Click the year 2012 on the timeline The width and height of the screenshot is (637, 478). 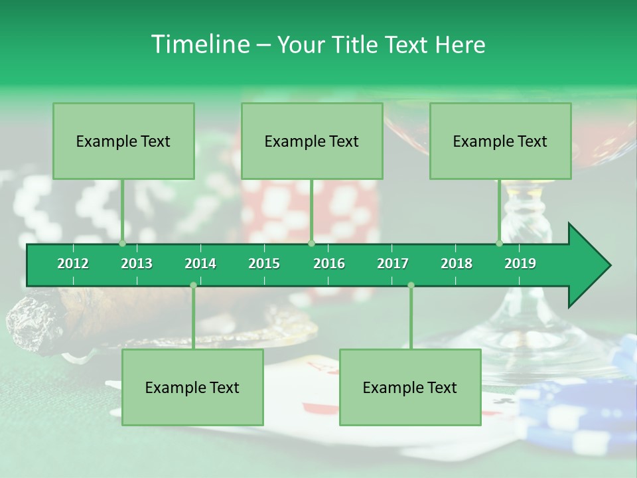pyautogui.click(x=73, y=264)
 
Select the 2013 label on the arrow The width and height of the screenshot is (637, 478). pyautogui.click(x=137, y=264)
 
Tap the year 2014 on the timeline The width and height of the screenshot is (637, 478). pyautogui.click(x=200, y=264)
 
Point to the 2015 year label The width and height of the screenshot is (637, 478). pyautogui.click(x=264, y=264)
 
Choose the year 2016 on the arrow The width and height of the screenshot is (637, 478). pyautogui.click(x=329, y=264)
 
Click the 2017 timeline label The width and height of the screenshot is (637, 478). pyautogui.click(x=393, y=264)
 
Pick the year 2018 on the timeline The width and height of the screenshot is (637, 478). pyautogui.click(x=457, y=264)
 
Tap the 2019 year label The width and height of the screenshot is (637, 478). pyautogui.click(x=520, y=264)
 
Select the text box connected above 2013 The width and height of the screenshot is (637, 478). pyautogui.click(x=123, y=141)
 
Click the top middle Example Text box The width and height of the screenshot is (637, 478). pyautogui.click(x=312, y=141)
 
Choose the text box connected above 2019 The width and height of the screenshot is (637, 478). pyautogui.click(x=500, y=141)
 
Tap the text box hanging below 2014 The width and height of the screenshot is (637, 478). pyautogui.click(x=192, y=388)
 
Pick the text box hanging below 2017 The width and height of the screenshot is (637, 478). pyautogui.click(x=410, y=388)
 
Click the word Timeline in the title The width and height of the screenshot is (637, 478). pyautogui.click(x=199, y=44)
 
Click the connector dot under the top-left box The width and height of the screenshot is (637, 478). pyautogui.click(x=123, y=243)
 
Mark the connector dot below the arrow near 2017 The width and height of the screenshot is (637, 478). pyautogui.click(x=411, y=285)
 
